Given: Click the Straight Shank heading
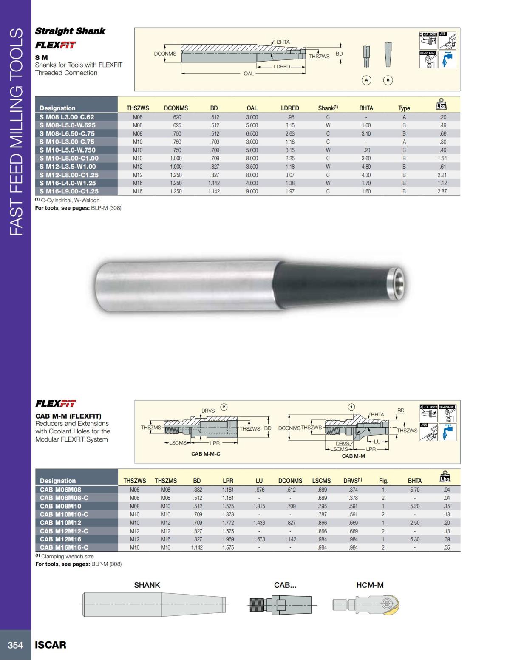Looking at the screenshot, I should coord(70,31).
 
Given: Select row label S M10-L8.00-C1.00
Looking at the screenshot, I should coord(69,158).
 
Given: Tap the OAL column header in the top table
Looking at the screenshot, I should coord(252,108).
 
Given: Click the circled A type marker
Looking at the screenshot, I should coord(366,80).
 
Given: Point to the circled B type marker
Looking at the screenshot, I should coord(388,80).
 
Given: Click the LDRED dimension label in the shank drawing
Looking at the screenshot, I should coord(281,67).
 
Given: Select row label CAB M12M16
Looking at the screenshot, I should coord(60,539).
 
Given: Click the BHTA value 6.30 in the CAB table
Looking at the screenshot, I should coord(414,539).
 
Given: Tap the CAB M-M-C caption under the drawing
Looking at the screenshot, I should coord(206,454).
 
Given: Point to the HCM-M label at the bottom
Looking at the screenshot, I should coord(370,585).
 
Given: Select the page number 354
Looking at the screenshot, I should coord(15,645).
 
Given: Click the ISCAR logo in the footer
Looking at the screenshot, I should coord(51,645).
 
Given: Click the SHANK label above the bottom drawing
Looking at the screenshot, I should coord(147,585).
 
